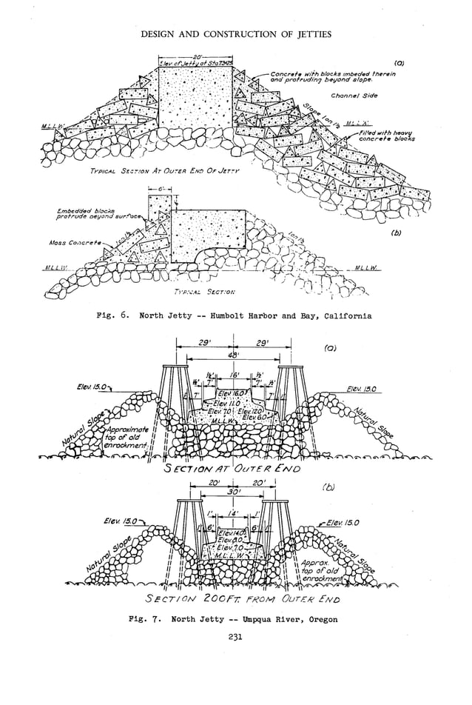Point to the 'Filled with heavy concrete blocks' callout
click(x=386, y=136)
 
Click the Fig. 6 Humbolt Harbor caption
click(x=235, y=315)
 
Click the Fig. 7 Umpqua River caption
click(x=236, y=619)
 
